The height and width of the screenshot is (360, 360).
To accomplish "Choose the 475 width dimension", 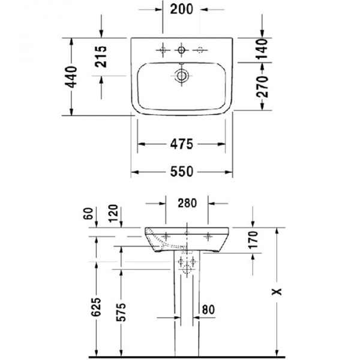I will [181, 144].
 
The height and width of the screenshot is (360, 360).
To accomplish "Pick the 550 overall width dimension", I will [181, 172].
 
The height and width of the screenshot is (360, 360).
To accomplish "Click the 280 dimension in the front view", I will [187, 203].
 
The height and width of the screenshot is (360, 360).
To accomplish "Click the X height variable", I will [276, 291].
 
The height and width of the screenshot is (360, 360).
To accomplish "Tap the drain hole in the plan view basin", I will [181, 76].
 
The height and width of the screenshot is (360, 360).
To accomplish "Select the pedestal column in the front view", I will [187, 300].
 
